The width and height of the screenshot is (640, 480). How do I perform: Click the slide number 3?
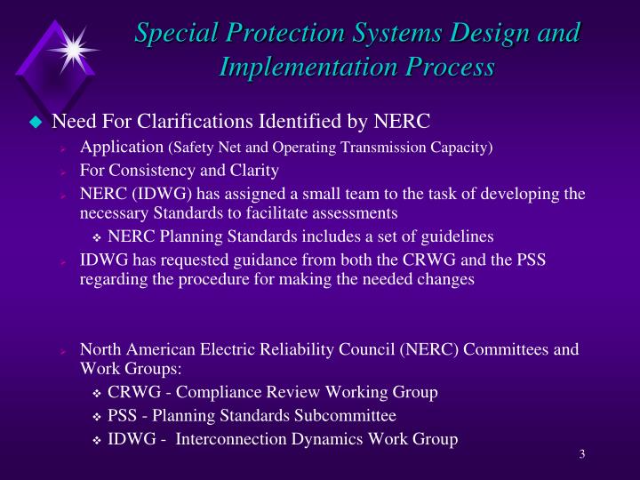(x=581, y=455)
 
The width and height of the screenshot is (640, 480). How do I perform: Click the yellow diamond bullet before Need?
(x=36, y=122)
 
